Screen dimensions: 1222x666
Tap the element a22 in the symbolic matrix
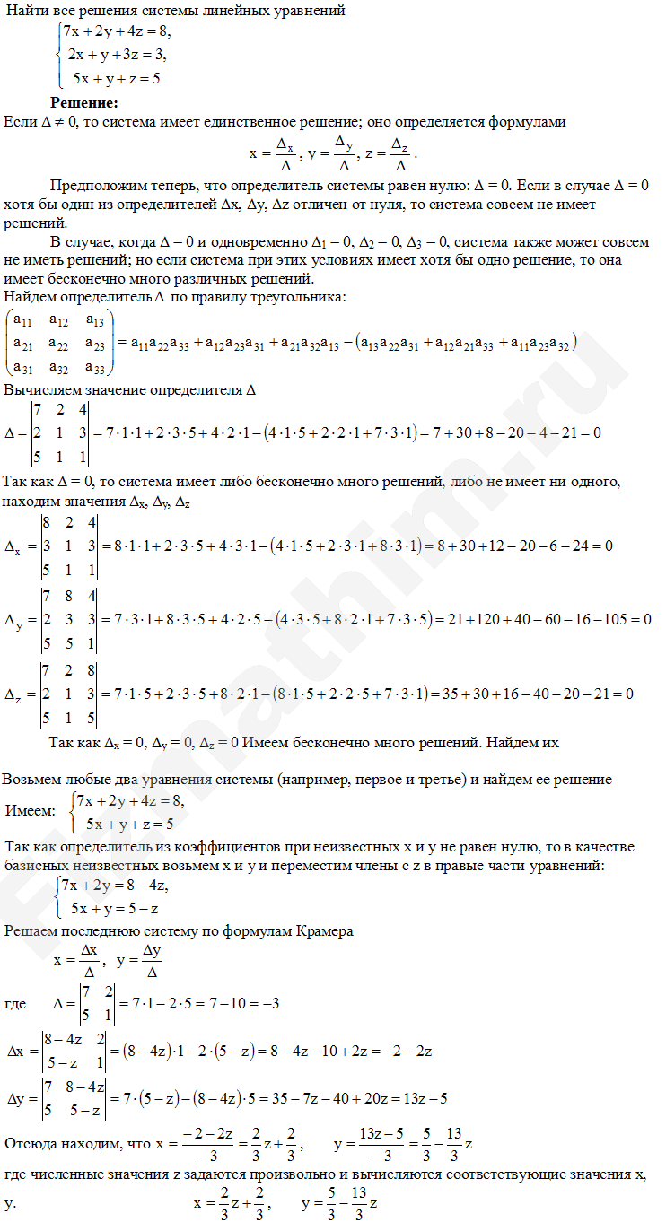point(59,343)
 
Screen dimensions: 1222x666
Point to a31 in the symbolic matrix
point(22,365)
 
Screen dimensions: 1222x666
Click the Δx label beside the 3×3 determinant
point(16,546)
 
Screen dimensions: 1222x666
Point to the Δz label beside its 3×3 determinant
point(16,694)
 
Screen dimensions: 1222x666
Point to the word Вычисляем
point(39,391)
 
